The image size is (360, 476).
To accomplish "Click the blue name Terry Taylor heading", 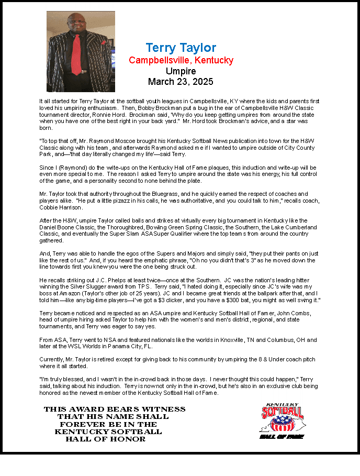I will click(181, 48).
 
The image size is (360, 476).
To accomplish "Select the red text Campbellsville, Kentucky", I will click(181, 60).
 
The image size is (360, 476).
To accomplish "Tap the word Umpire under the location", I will click(181, 71).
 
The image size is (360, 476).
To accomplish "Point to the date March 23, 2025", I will click(181, 82).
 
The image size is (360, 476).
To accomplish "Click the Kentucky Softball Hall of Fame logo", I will click(283, 420).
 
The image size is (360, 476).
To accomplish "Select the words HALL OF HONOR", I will click(105, 439).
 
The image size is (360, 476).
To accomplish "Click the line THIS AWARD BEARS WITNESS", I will click(114, 409).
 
